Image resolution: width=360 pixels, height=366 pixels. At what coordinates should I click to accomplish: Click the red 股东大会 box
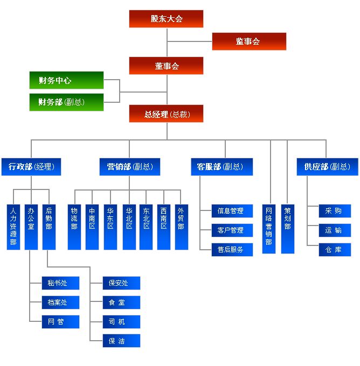tap(166, 19)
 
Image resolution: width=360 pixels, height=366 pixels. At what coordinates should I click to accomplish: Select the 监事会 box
tap(248, 41)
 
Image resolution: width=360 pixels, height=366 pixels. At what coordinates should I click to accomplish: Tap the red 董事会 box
tap(166, 66)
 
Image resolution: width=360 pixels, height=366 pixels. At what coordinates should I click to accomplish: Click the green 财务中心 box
tap(66, 81)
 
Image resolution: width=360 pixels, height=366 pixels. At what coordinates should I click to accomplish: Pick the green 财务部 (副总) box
tap(66, 102)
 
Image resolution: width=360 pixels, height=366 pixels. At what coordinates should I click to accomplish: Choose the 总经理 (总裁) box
tap(166, 114)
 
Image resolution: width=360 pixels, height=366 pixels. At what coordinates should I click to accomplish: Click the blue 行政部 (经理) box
tap(31, 167)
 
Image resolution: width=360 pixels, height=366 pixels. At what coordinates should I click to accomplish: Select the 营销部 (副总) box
tap(129, 167)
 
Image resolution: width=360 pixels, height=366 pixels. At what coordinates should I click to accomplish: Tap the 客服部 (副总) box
tap(221, 167)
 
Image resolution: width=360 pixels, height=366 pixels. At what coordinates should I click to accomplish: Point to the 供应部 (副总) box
tap(327, 167)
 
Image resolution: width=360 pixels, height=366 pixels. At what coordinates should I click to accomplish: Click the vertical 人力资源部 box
tap(13, 227)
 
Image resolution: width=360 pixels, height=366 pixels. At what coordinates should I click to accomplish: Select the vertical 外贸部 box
tap(181, 227)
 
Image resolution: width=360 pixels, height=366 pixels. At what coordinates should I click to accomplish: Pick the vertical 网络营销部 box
tap(269, 229)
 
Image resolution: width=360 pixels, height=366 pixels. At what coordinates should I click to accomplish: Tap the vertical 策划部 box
tap(288, 229)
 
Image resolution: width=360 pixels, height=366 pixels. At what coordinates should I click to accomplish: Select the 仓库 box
tap(334, 250)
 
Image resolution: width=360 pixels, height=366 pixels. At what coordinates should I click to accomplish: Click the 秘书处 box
tap(60, 283)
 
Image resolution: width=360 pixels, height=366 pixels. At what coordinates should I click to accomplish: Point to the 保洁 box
tap(121, 341)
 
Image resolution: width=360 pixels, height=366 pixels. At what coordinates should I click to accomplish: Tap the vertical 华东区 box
tap(110, 227)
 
